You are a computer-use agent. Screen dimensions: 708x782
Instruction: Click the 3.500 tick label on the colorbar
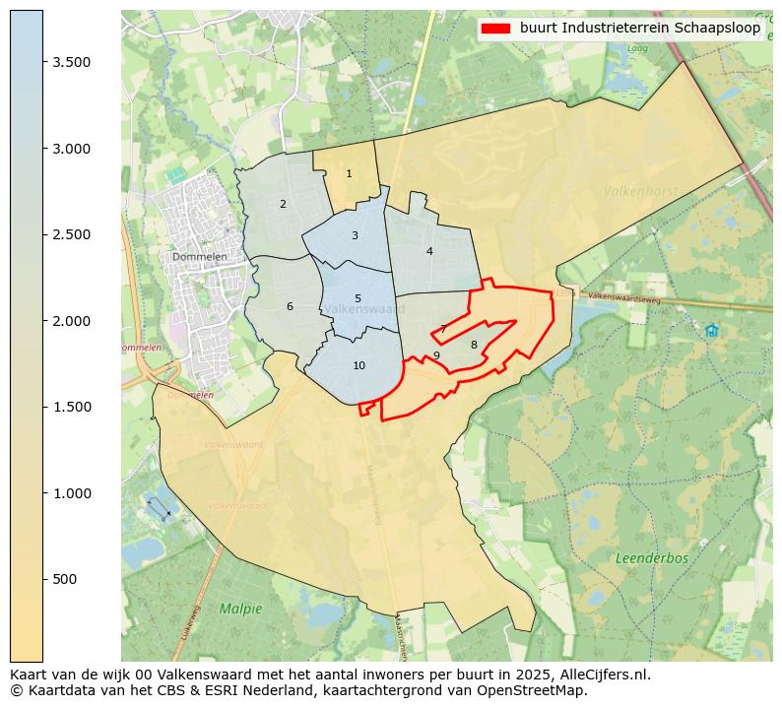click(72, 62)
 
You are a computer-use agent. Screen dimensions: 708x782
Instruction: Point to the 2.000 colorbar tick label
click(72, 321)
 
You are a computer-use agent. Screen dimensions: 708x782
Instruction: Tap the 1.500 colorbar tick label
click(72, 407)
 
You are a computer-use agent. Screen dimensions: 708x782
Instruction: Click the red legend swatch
click(496, 28)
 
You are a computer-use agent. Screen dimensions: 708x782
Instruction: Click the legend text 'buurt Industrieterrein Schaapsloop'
click(640, 28)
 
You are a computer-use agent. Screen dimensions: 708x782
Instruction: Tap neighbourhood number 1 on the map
click(349, 174)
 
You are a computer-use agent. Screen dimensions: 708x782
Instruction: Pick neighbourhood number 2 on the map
click(283, 205)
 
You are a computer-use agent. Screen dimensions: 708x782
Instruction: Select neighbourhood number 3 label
click(355, 236)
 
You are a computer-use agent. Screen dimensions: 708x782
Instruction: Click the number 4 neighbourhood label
click(429, 252)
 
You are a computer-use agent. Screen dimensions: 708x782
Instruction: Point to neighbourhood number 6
click(290, 307)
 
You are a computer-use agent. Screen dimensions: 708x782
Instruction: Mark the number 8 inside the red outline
click(474, 345)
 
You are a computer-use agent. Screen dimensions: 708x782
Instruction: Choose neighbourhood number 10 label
click(358, 366)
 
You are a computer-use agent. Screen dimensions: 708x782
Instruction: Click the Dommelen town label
click(200, 257)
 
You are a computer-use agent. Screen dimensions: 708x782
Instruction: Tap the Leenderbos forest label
click(652, 558)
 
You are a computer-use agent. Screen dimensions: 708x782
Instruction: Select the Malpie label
click(241, 609)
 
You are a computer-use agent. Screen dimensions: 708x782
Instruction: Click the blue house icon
click(711, 331)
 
